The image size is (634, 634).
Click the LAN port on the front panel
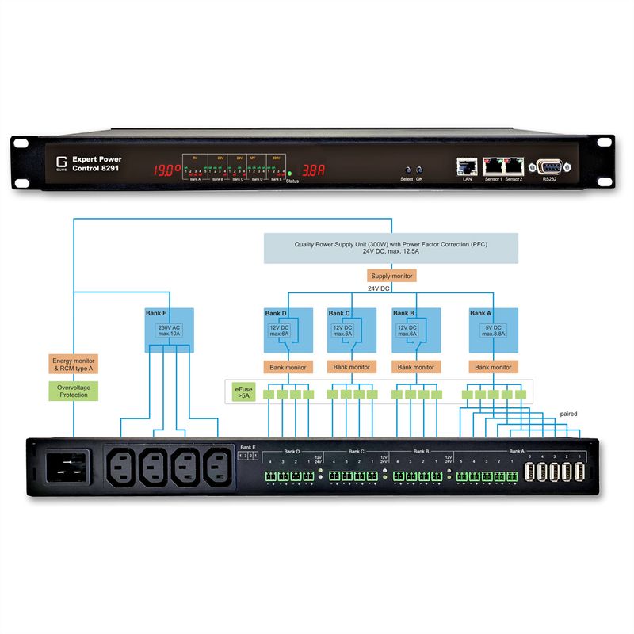coord(465,166)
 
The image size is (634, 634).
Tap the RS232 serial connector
coord(549,166)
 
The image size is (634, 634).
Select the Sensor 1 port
coord(494,166)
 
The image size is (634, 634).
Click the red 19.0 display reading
coord(166,170)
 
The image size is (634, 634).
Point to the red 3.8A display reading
coord(315,170)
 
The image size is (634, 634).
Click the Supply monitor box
coord(392,277)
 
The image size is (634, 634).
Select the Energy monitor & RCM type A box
coord(74,365)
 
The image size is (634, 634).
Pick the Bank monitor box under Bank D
coord(287,367)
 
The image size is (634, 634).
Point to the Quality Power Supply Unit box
coord(391,248)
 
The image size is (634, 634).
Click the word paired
coord(568,414)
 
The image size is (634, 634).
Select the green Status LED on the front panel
coord(290,173)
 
